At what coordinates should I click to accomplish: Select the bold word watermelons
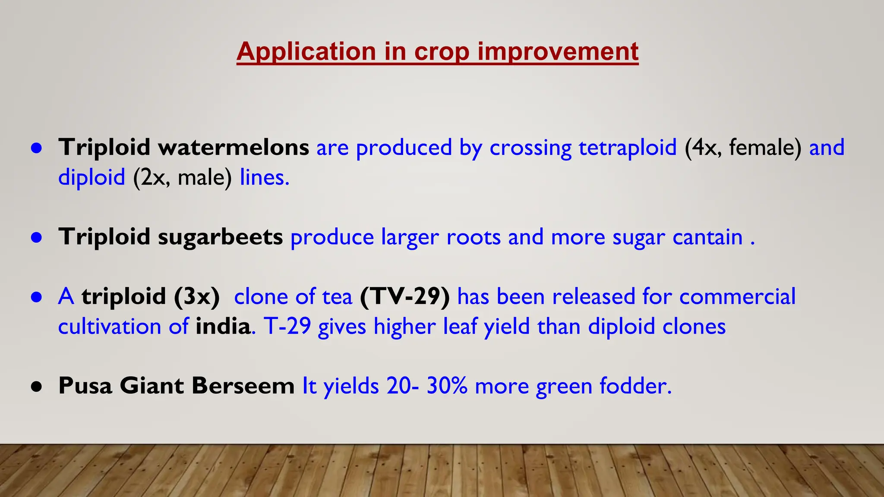point(233,148)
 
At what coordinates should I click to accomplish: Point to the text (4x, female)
point(742,148)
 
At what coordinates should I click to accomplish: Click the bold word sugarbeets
point(220,237)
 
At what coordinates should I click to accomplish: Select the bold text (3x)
point(197,297)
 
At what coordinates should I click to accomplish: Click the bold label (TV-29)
point(404,297)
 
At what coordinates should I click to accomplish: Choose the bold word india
point(223,327)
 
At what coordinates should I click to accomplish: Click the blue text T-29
point(287,327)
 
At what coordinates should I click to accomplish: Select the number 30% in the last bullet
point(447,386)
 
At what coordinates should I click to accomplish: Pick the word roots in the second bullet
point(473,237)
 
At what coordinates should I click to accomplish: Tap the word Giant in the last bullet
point(152,386)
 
